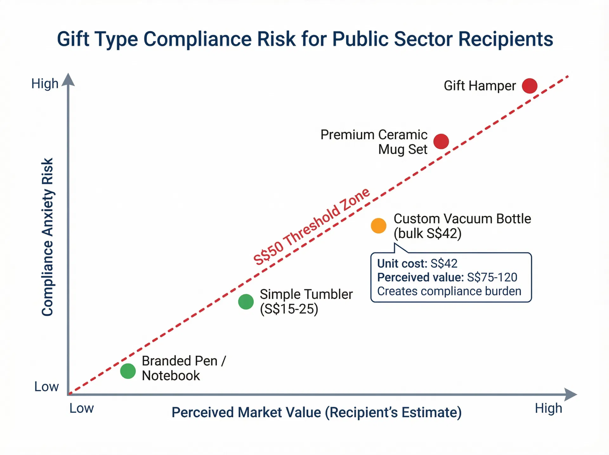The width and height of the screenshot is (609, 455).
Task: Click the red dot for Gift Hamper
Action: pos(529,86)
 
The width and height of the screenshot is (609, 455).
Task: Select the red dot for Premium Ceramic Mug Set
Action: pos(441,141)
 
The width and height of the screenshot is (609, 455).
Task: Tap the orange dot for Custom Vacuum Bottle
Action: pos(378,226)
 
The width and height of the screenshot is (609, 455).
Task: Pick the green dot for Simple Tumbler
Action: pos(246,301)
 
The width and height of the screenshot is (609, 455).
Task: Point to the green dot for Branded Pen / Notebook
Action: pos(128,371)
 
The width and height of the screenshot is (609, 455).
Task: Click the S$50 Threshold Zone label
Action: pos(311,227)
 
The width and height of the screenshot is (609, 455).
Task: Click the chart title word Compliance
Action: pos(195,39)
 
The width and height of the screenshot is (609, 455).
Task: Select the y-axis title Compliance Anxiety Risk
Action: pos(48,237)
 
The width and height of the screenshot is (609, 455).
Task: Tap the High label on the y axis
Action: pos(45,84)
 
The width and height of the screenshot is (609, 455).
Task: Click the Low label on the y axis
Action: pos(46,386)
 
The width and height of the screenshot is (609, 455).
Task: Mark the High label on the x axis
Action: pos(548,408)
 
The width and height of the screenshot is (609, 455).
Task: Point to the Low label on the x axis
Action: pos(82,408)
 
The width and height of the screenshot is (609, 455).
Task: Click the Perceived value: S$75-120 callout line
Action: pos(447,277)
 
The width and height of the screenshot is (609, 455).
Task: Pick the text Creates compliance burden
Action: pos(449,291)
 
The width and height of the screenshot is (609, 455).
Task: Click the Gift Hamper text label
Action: pos(479,86)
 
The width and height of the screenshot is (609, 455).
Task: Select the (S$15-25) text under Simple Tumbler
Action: pos(289,309)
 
